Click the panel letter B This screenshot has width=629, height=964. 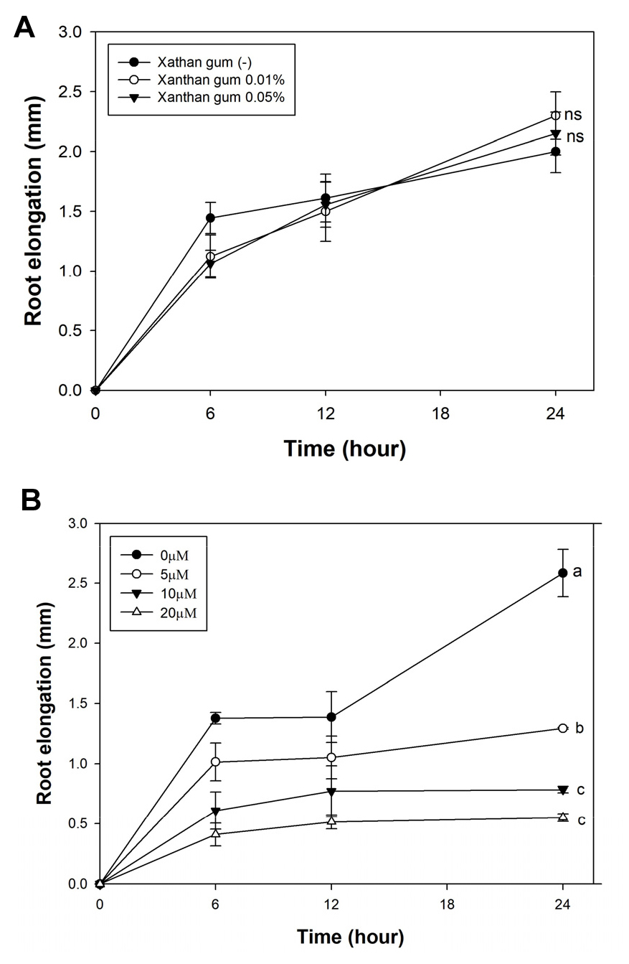31,500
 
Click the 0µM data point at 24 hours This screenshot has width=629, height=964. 563,573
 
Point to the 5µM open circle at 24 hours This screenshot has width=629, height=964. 563,728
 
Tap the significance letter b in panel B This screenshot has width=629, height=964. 580,728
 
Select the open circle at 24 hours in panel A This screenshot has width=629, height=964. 555,115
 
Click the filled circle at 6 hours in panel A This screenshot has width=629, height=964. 210,217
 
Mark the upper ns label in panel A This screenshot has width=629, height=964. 572,114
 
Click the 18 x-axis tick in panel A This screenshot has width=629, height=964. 440,414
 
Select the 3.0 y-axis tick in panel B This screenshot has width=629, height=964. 75,524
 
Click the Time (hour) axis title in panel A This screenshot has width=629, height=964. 345,449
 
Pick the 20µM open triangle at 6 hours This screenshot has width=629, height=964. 214,833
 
